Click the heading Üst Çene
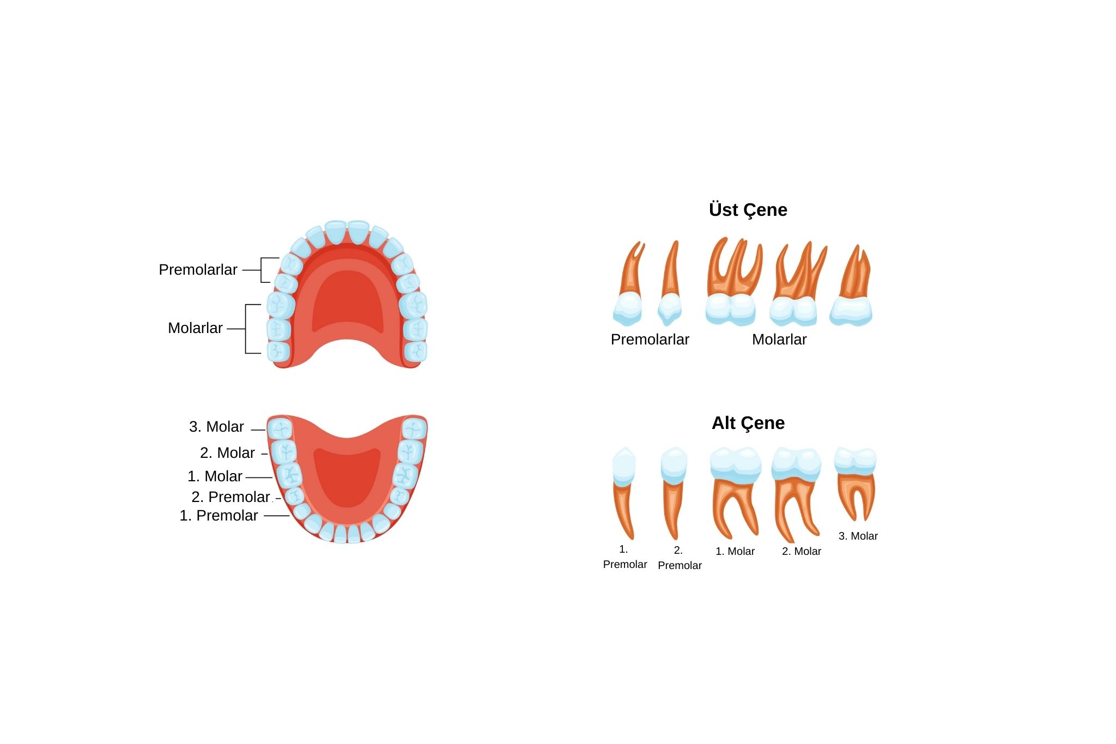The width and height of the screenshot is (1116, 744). [748, 210]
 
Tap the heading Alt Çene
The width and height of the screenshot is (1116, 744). [748, 423]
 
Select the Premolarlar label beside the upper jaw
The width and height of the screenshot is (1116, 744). [198, 270]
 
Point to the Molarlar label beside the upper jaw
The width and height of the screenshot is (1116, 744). [195, 328]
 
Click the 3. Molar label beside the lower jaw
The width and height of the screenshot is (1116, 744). [216, 427]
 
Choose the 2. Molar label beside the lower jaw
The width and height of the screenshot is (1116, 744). [227, 453]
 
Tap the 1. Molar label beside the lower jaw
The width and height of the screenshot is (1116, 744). [215, 476]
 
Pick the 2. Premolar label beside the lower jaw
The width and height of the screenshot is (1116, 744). [231, 497]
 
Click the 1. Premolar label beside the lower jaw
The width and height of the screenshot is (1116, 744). [219, 516]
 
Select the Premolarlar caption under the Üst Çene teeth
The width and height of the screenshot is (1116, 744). [650, 340]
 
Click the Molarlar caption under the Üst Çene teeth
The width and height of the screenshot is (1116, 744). [779, 340]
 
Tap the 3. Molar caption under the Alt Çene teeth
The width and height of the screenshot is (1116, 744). [858, 536]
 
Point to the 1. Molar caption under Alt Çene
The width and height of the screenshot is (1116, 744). [735, 552]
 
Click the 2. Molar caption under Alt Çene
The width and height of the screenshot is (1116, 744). [801, 552]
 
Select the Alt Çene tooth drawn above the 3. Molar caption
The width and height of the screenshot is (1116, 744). [855, 482]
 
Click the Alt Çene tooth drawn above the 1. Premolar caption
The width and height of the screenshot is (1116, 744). [624, 491]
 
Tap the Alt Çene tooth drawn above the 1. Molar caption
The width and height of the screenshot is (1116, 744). [735, 488]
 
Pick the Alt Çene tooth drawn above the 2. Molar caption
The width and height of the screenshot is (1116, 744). [796, 491]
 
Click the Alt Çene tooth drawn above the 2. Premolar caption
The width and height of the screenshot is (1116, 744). [674, 491]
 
